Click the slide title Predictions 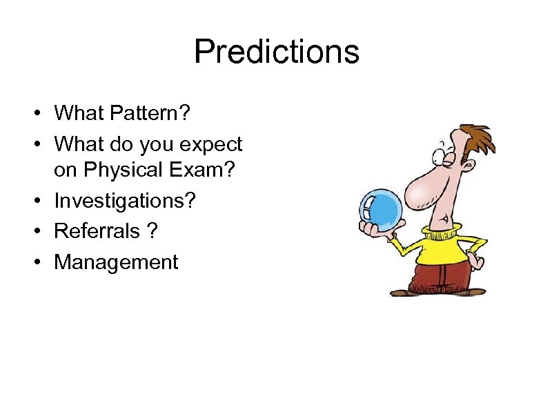pyautogui.click(x=276, y=52)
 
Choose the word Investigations pyautogui.click(x=125, y=202)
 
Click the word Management pyautogui.click(x=116, y=262)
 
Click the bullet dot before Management pyautogui.click(x=41, y=263)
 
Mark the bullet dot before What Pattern pyautogui.click(x=41, y=112)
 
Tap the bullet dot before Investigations pyautogui.click(x=41, y=202)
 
